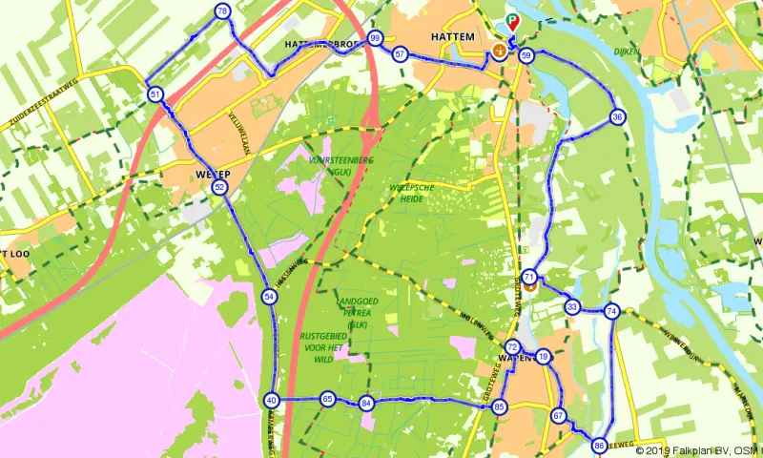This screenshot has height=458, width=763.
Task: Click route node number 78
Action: click(x=222, y=11)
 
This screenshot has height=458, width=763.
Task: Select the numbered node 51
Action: click(x=155, y=94)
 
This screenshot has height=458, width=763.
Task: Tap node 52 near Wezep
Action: click(x=220, y=188)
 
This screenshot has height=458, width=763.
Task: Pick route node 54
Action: click(x=270, y=297)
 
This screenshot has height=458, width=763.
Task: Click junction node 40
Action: click(x=272, y=401)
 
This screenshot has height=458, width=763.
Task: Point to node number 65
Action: click(x=328, y=399)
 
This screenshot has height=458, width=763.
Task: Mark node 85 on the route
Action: click(x=499, y=407)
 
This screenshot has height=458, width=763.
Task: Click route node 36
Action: click(x=618, y=117)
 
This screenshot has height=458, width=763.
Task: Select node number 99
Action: click(x=376, y=38)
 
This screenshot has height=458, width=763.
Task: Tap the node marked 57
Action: click(x=400, y=54)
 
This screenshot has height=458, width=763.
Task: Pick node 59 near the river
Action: click(x=526, y=56)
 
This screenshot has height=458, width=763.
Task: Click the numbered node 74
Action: click(x=611, y=311)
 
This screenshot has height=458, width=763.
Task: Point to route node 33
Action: click(x=571, y=307)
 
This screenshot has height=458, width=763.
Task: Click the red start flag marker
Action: click(x=513, y=21)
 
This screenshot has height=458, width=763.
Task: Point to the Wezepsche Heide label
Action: click(x=412, y=194)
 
